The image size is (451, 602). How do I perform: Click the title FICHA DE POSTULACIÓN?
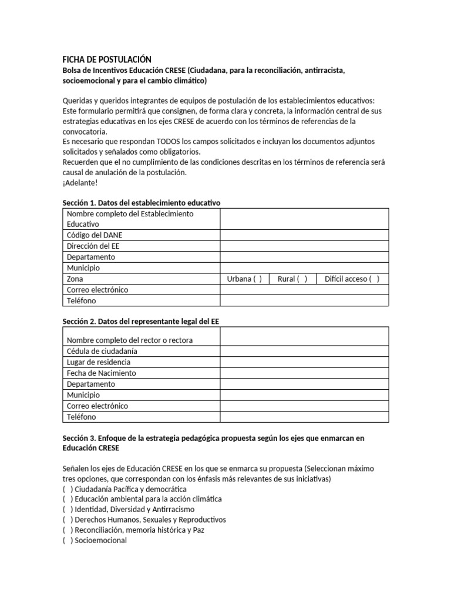click(107, 59)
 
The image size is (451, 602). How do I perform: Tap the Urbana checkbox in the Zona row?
click(258, 279)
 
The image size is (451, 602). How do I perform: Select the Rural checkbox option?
click(302, 279)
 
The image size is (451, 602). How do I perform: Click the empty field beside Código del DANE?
click(304, 235)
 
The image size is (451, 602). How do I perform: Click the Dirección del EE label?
click(93, 246)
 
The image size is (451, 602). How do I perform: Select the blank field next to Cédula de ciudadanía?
click(304, 352)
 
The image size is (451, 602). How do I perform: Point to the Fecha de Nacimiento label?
click(101, 373)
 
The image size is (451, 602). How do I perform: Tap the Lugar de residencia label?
click(99, 362)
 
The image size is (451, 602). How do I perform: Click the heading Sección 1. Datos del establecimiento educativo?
click(141, 203)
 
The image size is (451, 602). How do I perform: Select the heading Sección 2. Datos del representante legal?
click(141, 322)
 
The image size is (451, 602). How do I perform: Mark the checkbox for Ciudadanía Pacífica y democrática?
click(67, 489)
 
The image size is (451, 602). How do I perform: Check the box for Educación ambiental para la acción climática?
click(67, 499)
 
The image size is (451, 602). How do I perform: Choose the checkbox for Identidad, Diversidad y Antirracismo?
click(67, 509)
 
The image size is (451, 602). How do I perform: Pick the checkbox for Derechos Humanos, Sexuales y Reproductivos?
click(67, 520)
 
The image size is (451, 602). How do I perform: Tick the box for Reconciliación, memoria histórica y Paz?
click(67, 530)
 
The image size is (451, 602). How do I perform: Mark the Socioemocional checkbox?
click(67, 540)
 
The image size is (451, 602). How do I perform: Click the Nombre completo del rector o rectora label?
click(130, 340)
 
